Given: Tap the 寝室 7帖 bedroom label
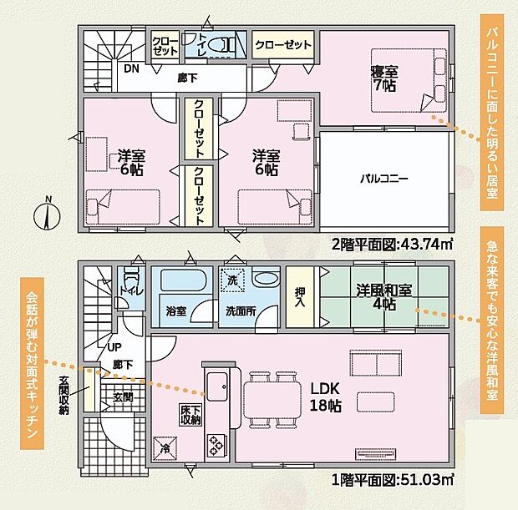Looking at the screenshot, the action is pos(384,78).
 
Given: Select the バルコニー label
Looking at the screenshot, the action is pos(383,179).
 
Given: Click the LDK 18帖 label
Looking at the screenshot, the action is pos(325,397).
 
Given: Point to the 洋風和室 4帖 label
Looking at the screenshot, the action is pos(384,297).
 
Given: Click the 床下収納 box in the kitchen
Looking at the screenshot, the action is pos(191,415).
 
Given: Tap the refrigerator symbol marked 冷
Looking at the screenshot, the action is pos(165,448).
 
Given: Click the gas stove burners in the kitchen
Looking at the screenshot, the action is pos(216,445).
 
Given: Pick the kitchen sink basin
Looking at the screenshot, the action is pos(217,386).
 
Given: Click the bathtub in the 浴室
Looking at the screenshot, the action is pos(183,280).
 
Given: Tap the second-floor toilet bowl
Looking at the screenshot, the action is pos(219,44).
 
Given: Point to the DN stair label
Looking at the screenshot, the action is pos(131,69).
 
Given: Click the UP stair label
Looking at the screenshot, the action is pos(114,347).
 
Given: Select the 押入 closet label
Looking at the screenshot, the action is pos(300,297).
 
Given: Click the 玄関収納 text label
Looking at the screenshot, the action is pos(63,395).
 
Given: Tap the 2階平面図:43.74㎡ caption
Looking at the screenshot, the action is pos(392,245).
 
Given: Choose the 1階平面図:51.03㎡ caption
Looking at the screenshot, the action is pos(392,480).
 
